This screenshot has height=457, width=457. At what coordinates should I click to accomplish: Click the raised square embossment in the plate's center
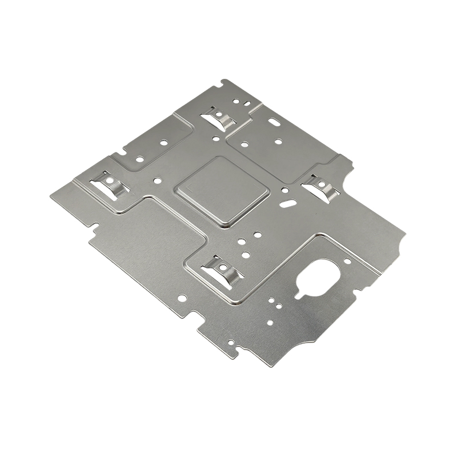click(222, 190)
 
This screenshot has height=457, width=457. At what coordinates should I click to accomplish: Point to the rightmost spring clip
click(321, 187)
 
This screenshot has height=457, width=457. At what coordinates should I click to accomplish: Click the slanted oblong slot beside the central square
click(289, 202)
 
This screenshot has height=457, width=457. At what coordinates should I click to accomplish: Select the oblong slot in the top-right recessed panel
click(275, 122)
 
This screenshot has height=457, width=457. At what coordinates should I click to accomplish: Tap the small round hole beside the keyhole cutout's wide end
click(347, 262)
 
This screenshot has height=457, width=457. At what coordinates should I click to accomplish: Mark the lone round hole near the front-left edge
click(182, 298)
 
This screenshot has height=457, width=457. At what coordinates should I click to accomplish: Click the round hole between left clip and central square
click(157, 181)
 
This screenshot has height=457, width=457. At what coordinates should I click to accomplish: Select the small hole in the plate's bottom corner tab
click(231, 343)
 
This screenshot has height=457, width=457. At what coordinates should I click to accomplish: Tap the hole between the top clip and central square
click(215, 138)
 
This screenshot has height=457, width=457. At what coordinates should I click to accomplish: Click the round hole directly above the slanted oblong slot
click(284, 190)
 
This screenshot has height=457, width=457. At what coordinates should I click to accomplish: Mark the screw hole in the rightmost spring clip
click(322, 184)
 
